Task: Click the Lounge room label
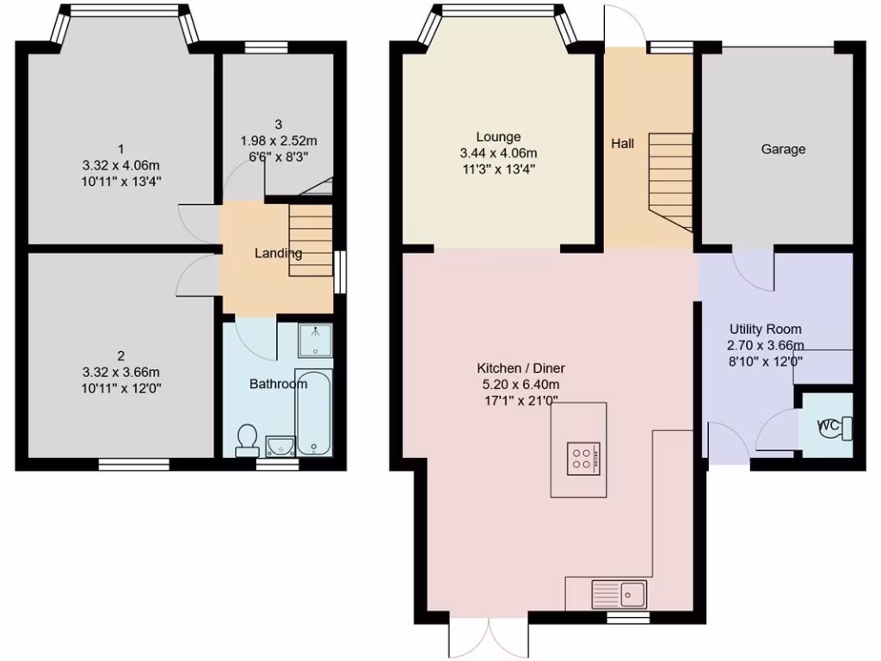[x=498, y=137]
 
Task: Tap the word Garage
[x=783, y=149]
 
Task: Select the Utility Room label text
[x=765, y=329]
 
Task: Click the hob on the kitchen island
[x=583, y=457]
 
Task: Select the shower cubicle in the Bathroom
[x=315, y=340]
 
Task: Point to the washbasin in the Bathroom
[x=280, y=444]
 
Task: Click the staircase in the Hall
[x=669, y=181]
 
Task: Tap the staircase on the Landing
[x=311, y=240]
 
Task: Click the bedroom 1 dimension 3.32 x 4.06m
[x=120, y=165]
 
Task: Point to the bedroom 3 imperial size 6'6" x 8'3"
[x=279, y=157]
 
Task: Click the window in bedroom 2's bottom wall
[x=133, y=464]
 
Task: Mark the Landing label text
[x=278, y=253]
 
